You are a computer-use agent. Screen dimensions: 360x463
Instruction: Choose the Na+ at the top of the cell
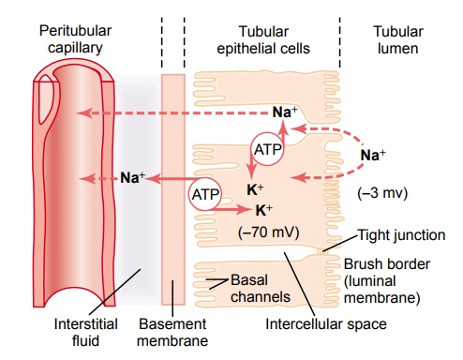coord(285,112)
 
